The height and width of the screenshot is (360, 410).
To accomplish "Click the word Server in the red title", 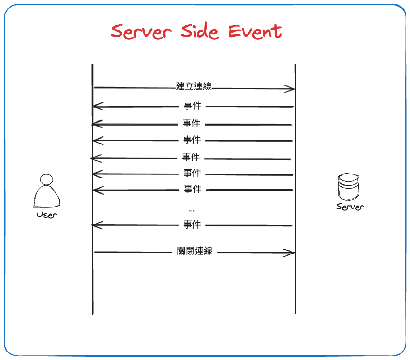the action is [141, 32].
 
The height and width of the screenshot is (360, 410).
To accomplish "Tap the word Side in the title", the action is [200, 31].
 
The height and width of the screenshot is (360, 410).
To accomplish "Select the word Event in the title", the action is [255, 31].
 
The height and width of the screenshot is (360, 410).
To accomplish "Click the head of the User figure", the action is [46, 179].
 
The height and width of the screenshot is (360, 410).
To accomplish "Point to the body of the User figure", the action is [47, 197].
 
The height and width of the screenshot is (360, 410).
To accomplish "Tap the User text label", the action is [47, 215].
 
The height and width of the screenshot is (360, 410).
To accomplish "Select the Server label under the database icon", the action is [350, 207].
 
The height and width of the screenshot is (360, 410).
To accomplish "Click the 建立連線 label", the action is [194, 87].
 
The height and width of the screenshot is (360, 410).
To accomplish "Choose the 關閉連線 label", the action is [195, 251].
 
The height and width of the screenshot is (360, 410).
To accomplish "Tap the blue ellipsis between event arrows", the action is [192, 210].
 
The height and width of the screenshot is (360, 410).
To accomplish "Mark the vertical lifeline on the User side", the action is [92, 277].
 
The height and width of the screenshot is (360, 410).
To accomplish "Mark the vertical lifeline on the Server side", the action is [295, 277].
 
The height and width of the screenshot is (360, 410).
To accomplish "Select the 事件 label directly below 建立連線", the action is [192, 106].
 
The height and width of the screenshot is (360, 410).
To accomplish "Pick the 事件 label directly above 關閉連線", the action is [192, 224].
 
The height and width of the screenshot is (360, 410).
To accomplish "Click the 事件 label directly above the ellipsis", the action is [193, 190].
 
